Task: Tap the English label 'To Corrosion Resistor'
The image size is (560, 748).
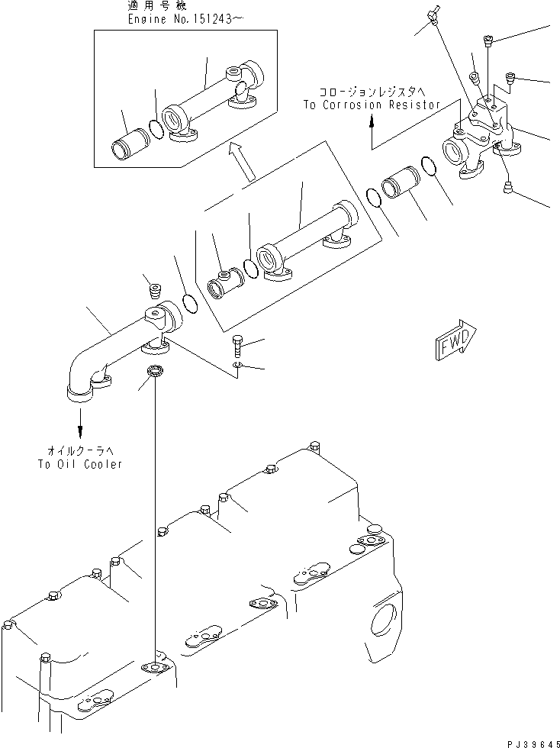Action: pyautogui.click(x=372, y=105)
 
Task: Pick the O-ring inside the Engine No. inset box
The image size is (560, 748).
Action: pyautogui.click(x=155, y=129)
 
